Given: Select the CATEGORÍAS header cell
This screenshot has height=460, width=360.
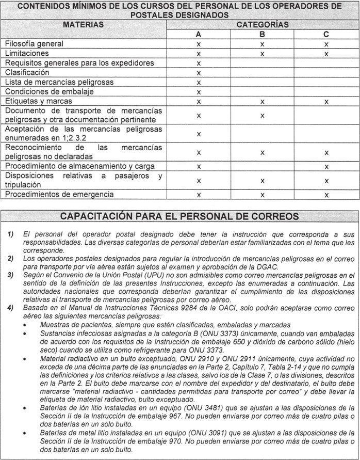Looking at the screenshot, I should click(x=263, y=24).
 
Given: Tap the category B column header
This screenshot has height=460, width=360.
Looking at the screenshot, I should click(x=263, y=34).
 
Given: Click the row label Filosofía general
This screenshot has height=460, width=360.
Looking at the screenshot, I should click(x=35, y=44).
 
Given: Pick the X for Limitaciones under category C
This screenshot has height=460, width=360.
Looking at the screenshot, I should click(x=326, y=54).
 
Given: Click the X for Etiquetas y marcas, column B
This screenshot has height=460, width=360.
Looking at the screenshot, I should click(x=263, y=102).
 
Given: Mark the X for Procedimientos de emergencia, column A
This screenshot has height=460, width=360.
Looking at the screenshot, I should click(x=199, y=195).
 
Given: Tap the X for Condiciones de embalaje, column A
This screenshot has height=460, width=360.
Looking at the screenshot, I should click(x=199, y=92).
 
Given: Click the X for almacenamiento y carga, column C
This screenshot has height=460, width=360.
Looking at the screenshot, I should click(x=326, y=166).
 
